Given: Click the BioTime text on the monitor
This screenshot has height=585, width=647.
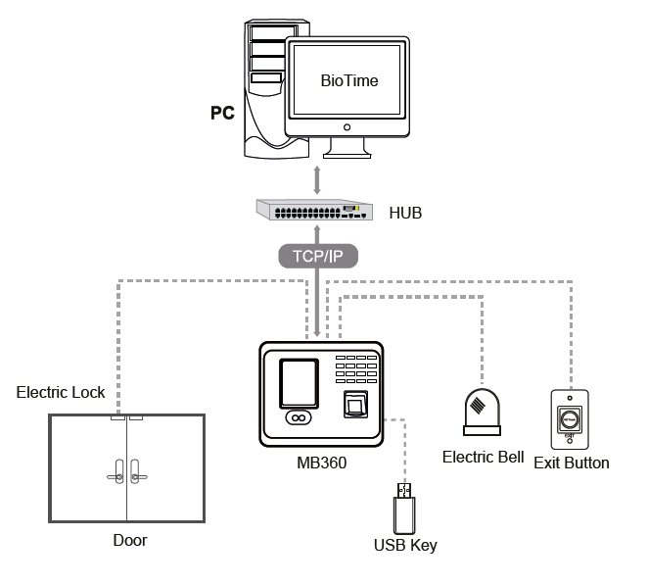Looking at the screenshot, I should coord(349,80).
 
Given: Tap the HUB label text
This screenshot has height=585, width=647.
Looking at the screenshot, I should coord(405,212).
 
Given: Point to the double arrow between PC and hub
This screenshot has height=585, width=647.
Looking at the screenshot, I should coord(315,178).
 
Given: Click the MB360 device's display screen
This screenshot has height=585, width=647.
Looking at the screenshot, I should coord(299,383).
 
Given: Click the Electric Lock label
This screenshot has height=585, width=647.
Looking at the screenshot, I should coord(61,393).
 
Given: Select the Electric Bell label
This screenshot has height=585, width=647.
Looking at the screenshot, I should coord(483,458).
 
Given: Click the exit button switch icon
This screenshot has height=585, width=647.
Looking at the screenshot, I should coord(569,415).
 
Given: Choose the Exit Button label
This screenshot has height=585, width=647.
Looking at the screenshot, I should coord(572,462).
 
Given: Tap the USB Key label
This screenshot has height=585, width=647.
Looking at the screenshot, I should coord(405,545).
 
